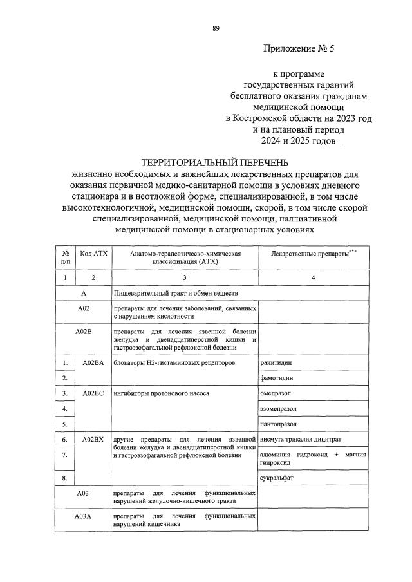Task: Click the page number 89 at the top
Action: click(x=216, y=28)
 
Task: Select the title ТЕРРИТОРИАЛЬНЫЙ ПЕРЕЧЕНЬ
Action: click(x=216, y=162)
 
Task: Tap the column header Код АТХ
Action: click(x=93, y=254)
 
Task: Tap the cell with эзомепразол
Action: click(x=280, y=408)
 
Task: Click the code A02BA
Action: click(x=93, y=363)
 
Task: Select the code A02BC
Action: click(x=93, y=393)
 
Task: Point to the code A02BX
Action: click(x=93, y=439)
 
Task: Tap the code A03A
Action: click(x=84, y=517)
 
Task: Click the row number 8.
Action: click(x=65, y=478)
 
